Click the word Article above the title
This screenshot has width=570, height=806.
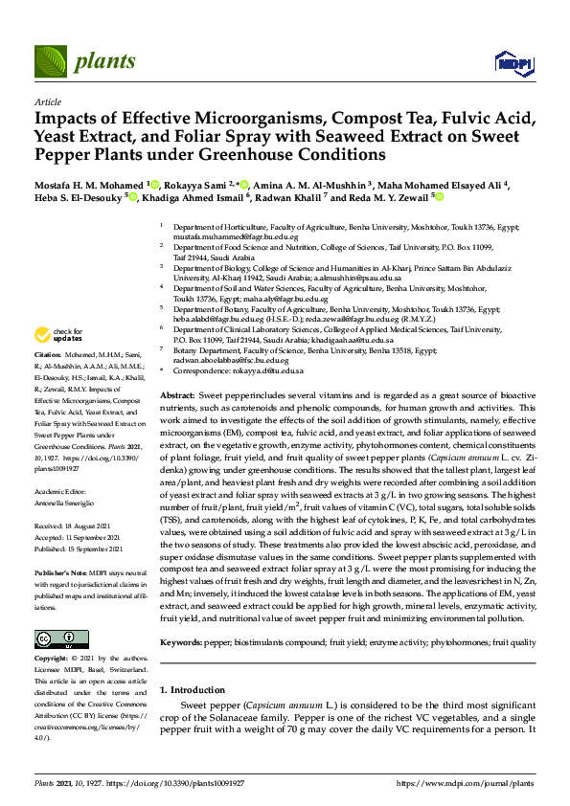click(47, 101)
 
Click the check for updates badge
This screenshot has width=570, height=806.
click(58, 336)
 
